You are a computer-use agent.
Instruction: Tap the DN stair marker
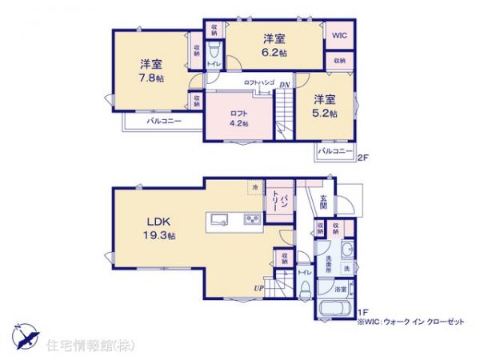[x=284, y=83]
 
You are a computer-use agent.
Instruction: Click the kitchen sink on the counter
[x=221, y=219]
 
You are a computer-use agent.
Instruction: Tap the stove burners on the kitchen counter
[x=252, y=220]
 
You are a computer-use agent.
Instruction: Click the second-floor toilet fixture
[x=214, y=49]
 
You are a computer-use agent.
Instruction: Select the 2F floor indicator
[x=362, y=157]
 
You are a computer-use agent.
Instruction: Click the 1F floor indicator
[x=362, y=312]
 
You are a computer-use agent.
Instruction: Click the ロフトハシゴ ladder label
[x=259, y=83]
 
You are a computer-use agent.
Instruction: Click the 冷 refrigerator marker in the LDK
[x=254, y=187]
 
